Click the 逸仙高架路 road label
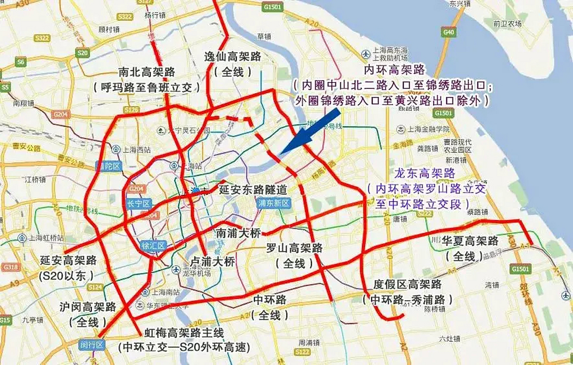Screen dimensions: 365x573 click(232, 57)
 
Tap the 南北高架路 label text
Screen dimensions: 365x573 click(147, 72)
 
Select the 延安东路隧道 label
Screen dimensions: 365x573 click(253, 190)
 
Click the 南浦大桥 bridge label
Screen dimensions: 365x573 click(238, 233)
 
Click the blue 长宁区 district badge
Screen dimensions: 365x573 click(139, 204)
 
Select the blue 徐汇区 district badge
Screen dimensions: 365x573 click(153, 246)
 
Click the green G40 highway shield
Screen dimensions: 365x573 click(448, 32)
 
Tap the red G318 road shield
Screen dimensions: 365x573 click(11, 267)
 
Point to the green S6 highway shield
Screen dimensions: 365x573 click(21, 62)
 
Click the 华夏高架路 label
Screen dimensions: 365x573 click(470, 241)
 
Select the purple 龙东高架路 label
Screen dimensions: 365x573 click(425, 173)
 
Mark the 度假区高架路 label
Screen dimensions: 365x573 click(407, 284)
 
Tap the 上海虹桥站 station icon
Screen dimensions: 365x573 click(22, 238)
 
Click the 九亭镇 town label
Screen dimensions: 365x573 click(33, 320)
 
